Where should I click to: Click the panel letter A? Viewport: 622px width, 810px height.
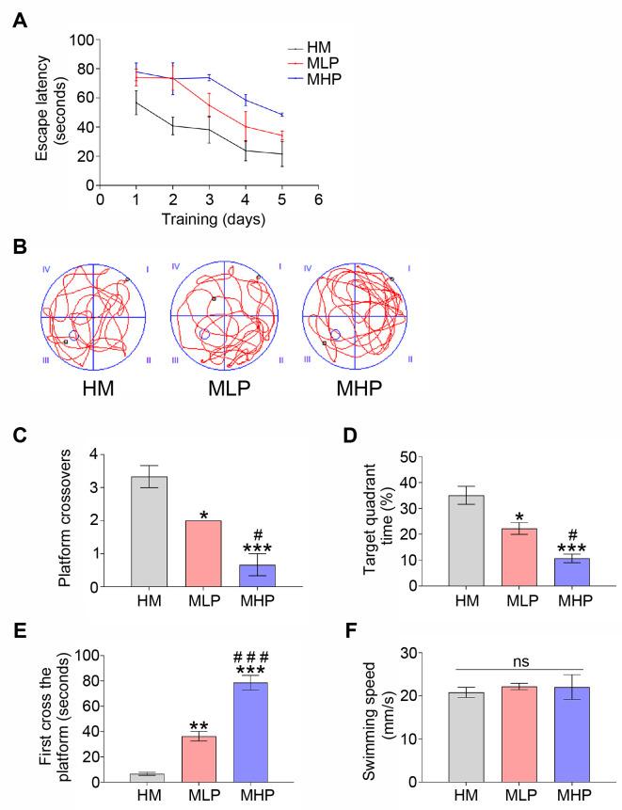pyautogui.click(x=19, y=19)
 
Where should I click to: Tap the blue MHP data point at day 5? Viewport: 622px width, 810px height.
pyautogui.click(x=281, y=115)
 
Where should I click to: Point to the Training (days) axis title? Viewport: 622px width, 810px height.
pyautogui.click(x=209, y=220)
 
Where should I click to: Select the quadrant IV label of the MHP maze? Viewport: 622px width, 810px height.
pyautogui.click(x=307, y=269)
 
